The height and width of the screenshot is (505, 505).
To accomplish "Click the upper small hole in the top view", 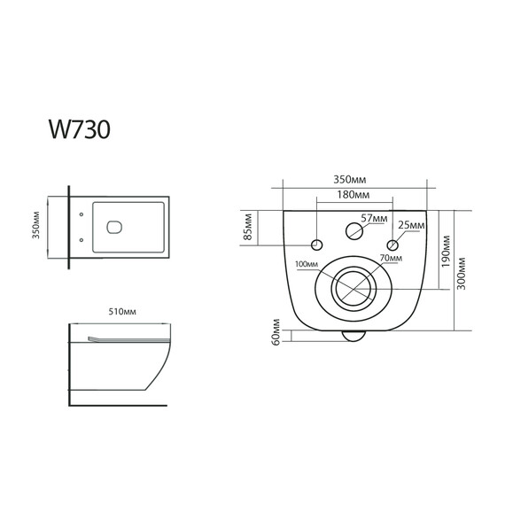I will point(82,214).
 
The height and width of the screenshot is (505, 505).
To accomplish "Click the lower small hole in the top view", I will point(82,239).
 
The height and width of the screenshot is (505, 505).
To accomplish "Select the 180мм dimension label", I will point(353,195).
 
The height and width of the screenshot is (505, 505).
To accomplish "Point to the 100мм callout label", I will point(306,264).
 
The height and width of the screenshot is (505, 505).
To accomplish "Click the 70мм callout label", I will point(391,258).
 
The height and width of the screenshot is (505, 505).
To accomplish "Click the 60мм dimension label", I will point(276,335).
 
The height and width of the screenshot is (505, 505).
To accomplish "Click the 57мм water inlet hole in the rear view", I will point(353,229).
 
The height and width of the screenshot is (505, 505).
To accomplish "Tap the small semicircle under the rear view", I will point(353,335).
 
